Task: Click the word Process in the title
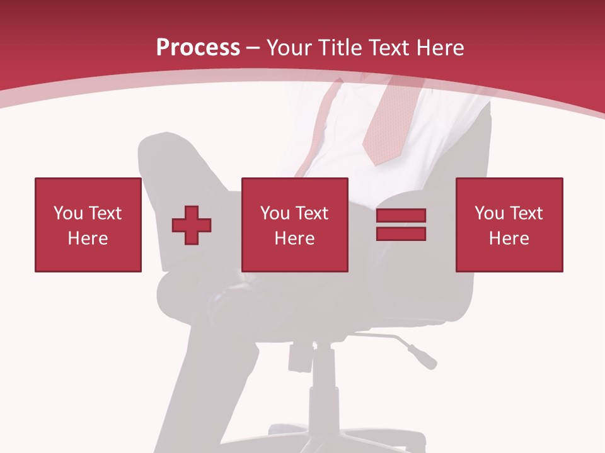198,48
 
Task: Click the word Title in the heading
337,48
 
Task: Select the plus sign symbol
192,225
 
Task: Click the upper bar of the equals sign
401,216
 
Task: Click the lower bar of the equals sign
401,233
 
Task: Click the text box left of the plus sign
88,225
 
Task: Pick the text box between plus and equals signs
294,225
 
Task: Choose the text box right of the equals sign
509,225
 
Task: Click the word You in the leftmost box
68,213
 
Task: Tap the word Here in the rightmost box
509,238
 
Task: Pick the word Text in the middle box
312,213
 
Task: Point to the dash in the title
253,48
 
